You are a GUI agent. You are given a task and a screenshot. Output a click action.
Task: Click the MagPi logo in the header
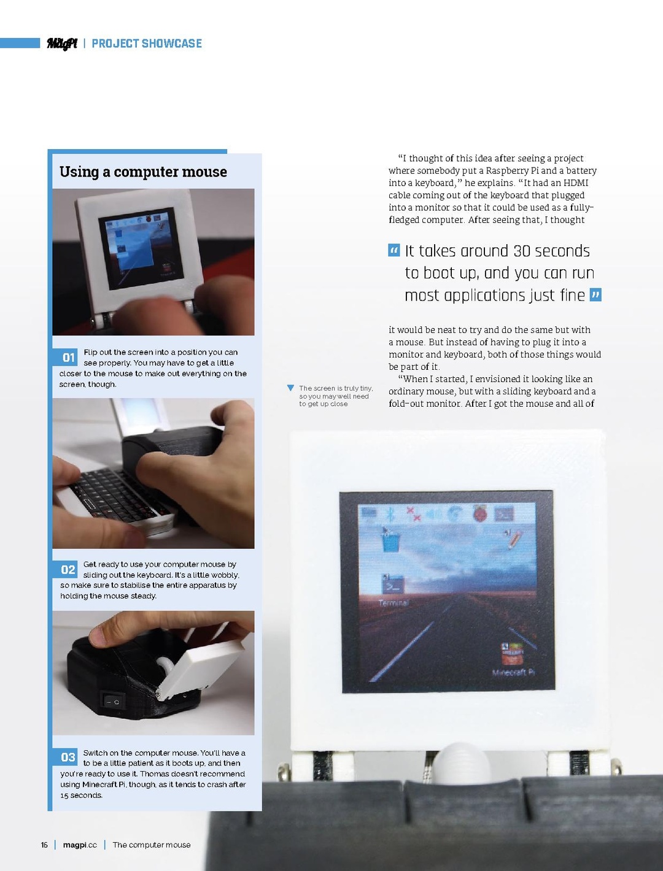coord(63,44)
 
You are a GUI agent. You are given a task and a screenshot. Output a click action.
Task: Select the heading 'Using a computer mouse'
coord(143,172)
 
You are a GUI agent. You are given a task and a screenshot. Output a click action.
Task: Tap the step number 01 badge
coord(68,358)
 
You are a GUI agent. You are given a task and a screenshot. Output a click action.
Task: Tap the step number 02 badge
coord(68,569)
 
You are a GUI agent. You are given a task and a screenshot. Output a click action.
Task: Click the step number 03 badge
coord(68,757)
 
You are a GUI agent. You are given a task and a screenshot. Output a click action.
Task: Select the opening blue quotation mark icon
coord(394,250)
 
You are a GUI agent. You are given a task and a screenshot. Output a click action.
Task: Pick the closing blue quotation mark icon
coord(595,295)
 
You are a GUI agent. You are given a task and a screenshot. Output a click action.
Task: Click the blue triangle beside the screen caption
coord(290,388)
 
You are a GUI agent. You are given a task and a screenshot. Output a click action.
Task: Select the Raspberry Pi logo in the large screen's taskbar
coord(479,514)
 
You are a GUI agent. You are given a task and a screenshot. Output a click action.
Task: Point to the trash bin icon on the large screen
coord(390,540)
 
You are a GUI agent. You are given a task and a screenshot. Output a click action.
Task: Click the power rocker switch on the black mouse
coord(114,701)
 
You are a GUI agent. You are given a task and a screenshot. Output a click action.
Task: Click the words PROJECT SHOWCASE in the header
coord(147,44)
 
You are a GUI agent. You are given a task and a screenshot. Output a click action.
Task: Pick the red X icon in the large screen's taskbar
coord(414,514)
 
